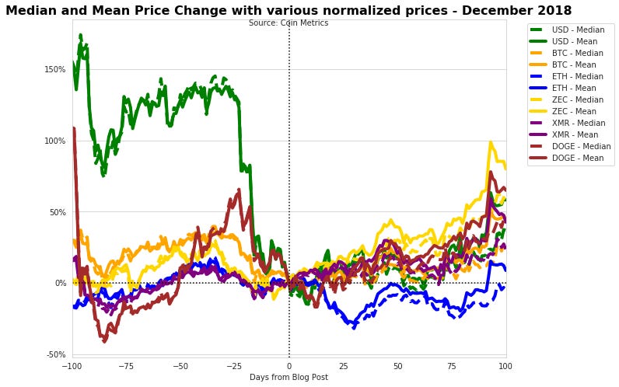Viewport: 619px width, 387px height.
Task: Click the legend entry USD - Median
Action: click(x=575, y=30)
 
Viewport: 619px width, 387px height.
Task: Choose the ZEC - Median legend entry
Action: click(x=575, y=99)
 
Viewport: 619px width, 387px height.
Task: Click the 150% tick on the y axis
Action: click(x=54, y=69)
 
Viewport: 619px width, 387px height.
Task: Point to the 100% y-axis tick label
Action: click(x=54, y=141)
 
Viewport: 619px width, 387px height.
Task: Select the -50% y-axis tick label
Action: click(x=55, y=354)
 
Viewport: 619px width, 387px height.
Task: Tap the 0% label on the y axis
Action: click(x=60, y=283)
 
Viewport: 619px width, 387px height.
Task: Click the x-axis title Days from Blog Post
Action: click(x=289, y=378)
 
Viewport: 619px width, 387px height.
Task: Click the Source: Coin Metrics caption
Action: click(x=289, y=23)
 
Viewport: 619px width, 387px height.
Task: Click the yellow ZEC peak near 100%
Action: click(x=491, y=143)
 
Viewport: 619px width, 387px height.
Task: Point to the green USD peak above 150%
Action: click(x=81, y=36)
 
